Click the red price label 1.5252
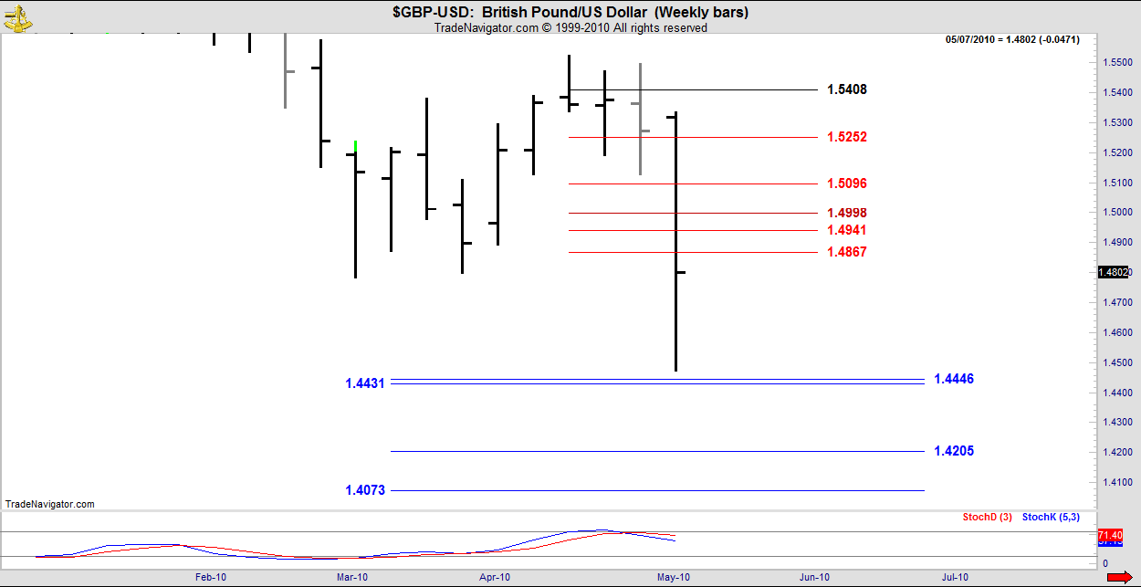click(x=847, y=137)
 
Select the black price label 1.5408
click(x=847, y=89)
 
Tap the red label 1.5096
click(x=847, y=183)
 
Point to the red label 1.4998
click(x=847, y=213)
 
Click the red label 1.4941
click(x=847, y=230)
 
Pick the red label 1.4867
click(x=847, y=252)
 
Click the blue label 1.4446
click(x=954, y=379)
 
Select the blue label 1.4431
click(x=365, y=383)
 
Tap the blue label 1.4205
click(x=954, y=451)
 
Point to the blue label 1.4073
click(x=365, y=490)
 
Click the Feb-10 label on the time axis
click(x=211, y=577)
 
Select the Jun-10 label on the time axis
click(x=814, y=577)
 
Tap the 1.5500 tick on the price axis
click(x=1116, y=62)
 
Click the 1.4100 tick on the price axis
click(x=1116, y=481)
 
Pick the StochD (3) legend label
click(x=987, y=518)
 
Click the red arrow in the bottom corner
click(x=1119, y=577)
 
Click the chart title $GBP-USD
click(x=434, y=12)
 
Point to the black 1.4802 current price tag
click(x=1115, y=272)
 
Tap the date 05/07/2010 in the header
click(x=975, y=39)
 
